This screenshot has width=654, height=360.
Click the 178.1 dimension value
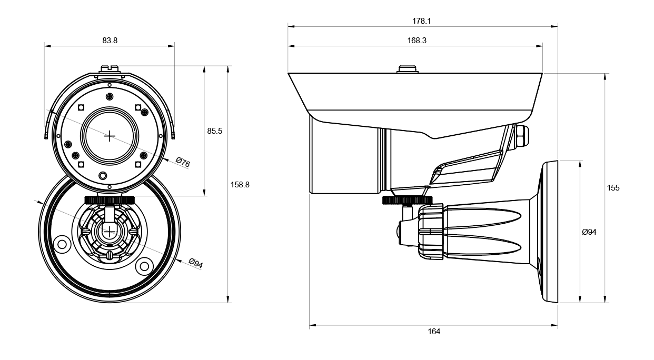click(x=421, y=21)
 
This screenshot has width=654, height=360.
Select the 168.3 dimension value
click(x=417, y=40)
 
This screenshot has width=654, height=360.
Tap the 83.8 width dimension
click(x=110, y=40)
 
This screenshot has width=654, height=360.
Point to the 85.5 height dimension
click(x=215, y=131)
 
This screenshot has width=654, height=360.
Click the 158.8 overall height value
click(x=240, y=185)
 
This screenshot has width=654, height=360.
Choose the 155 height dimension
click(x=613, y=188)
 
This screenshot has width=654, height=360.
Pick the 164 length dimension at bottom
click(x=434, y=332)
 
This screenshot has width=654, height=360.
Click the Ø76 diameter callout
click(x=183, y=162)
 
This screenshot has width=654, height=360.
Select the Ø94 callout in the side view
click(x=589, y=232)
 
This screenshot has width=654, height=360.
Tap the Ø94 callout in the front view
click(x=195, y=263)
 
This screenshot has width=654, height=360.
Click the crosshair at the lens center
click(x=110, y=136)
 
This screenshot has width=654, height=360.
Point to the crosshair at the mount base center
click(x=109, y=232)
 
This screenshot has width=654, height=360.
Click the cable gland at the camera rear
click(x=521, y=137)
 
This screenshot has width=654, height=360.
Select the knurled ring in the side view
click(x=407, y=200)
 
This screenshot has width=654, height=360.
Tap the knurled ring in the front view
click(x=110, y=200)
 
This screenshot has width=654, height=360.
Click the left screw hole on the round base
click(x=62, y=244)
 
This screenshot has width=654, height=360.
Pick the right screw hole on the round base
click(x=144, y=266)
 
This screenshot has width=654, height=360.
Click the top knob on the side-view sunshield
click(x=408, y=69)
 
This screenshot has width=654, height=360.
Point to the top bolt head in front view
click(x=109, y=69)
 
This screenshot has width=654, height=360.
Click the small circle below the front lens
click(x=103, y=176)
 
